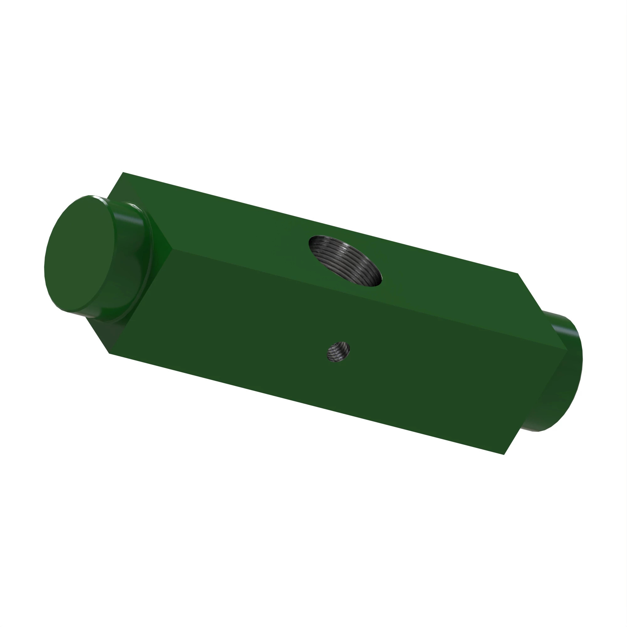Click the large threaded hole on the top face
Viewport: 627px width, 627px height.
345,261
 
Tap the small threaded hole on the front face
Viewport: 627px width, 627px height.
338,352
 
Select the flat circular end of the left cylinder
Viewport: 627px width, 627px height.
80,253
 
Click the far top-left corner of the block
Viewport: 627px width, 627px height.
123,172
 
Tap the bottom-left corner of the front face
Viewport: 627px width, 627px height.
110,353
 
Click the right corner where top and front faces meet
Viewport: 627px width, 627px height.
567,350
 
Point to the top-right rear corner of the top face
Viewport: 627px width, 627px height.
518,274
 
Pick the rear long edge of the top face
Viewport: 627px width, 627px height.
321,223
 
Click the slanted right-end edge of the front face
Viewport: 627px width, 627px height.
535,403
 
